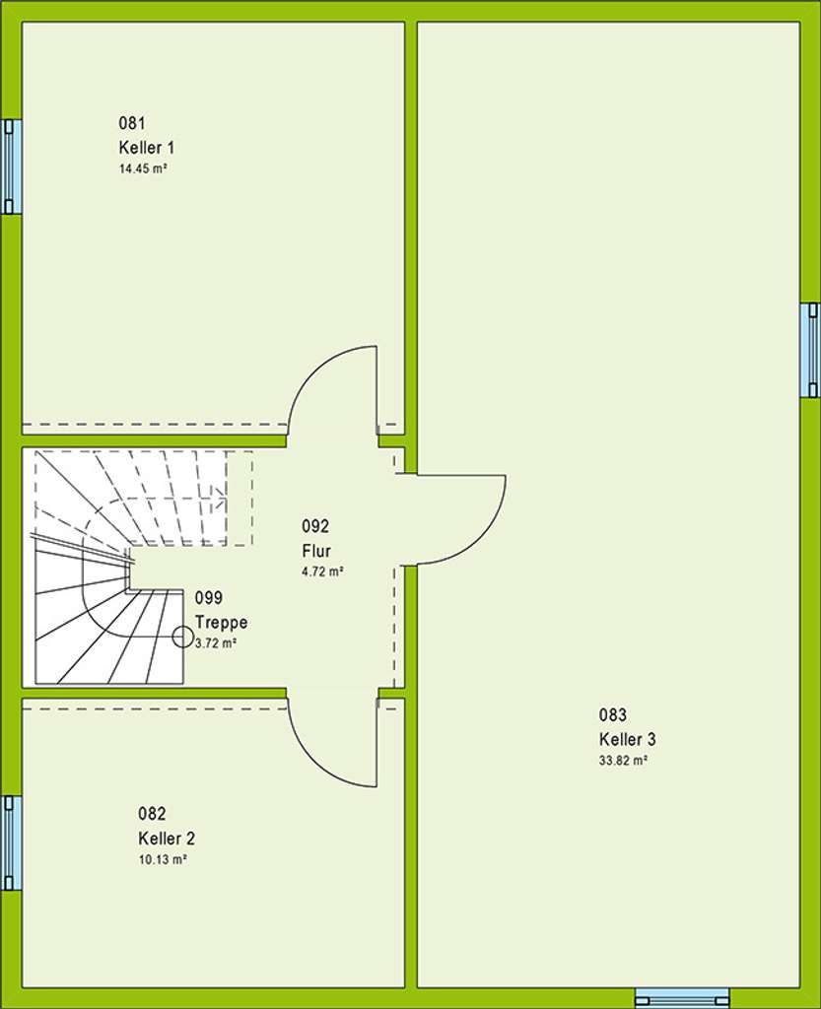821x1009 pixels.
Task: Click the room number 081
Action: (132, 123)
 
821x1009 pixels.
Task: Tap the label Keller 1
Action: (147, 148)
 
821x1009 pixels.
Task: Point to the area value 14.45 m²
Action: (141, 168)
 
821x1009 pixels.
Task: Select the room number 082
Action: (152, 814)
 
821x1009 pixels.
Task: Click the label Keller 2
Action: (167, 839)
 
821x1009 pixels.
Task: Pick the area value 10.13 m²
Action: (163, 859)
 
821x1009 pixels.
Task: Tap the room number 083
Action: (613, 715)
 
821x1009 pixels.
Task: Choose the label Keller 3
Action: (628, 740)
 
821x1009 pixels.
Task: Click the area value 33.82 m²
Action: (623, 761)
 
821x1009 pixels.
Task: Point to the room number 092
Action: (315, 526)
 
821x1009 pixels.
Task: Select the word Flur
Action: (316, 551)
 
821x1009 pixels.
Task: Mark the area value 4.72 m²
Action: (322, 571)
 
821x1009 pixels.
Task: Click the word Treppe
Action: (222, 623)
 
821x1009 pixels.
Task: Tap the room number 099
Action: (208, 598)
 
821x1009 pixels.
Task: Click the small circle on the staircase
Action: (183, 637)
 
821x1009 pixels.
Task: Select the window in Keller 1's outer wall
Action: (10, 167)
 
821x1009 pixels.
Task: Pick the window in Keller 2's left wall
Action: (10, 842)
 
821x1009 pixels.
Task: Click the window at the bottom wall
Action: (682, 997)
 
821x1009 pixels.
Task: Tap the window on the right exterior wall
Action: (810, 350)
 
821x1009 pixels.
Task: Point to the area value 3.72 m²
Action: (216, 642)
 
